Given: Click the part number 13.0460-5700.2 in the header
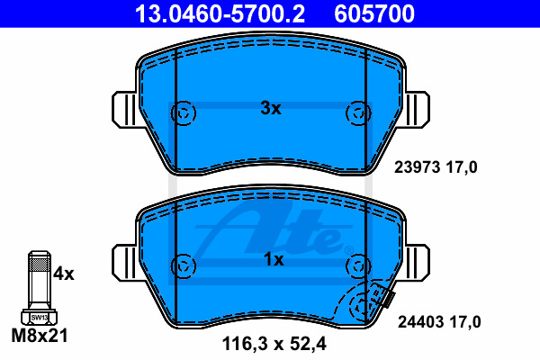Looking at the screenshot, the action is (220, 14).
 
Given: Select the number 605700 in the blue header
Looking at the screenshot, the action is (374, 14).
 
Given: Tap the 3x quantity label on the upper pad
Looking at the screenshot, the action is (271, 108).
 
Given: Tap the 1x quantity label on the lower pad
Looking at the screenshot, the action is (274, 259).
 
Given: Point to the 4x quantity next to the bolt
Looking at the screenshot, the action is (64, 274).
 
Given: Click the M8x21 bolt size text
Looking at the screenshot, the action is (40, 335).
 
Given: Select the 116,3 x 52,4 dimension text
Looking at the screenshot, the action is (274, 344).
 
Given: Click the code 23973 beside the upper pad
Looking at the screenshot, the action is (417, 167).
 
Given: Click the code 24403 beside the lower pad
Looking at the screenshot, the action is (420, 322).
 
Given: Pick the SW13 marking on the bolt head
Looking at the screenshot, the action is (40, 318).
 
